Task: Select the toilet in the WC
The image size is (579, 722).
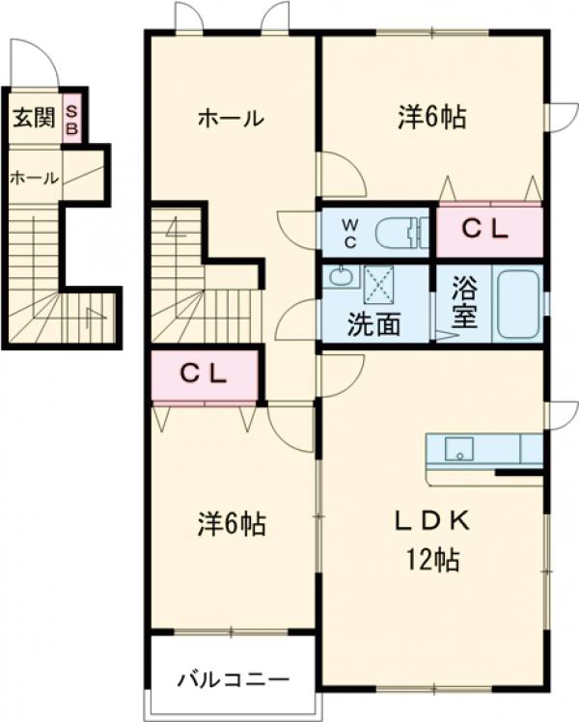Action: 399,232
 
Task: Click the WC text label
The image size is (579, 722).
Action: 351,232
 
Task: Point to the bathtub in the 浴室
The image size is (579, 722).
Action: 518,303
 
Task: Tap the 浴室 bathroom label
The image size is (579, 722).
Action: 463,302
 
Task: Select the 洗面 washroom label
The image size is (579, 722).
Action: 373,324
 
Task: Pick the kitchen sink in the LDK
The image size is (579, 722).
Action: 458,450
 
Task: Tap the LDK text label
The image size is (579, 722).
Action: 430,521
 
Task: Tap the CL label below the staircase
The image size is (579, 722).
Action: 205,375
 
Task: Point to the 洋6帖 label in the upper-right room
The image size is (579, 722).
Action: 432,118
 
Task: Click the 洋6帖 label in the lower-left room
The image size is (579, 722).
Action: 232,525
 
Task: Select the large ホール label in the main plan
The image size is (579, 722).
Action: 231,119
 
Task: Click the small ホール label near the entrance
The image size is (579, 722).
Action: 35,178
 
